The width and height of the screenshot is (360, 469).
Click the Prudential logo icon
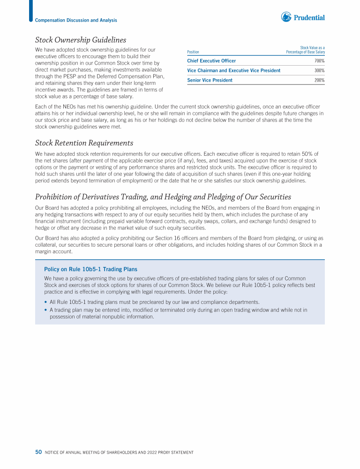[x=286, y=17]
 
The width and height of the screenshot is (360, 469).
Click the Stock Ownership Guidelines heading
[x=81, y=40]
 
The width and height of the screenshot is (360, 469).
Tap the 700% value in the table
[x=319, y=61]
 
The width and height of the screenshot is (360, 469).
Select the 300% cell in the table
[x=319, y=70]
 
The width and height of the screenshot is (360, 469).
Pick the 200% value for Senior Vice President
[x=319, y=80]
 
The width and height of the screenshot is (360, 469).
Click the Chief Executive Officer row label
[x=211, y=61]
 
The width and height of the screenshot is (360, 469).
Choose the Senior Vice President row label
[x=210, y=80]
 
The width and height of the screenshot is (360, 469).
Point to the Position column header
[x=193, y=52]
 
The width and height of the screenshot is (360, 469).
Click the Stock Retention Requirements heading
[x=84, y=143]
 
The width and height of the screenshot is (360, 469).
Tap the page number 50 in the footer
[x=38, y=452]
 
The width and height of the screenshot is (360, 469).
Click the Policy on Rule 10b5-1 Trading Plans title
[x=90, y=269]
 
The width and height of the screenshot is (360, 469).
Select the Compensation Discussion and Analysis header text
[x=76, y=20]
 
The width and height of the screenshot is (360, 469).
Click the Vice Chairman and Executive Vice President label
[x=233, y=70]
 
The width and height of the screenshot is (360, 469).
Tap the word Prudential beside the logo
[x=309, y=18]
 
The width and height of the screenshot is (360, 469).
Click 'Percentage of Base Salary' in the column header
[x=305, y=52]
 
